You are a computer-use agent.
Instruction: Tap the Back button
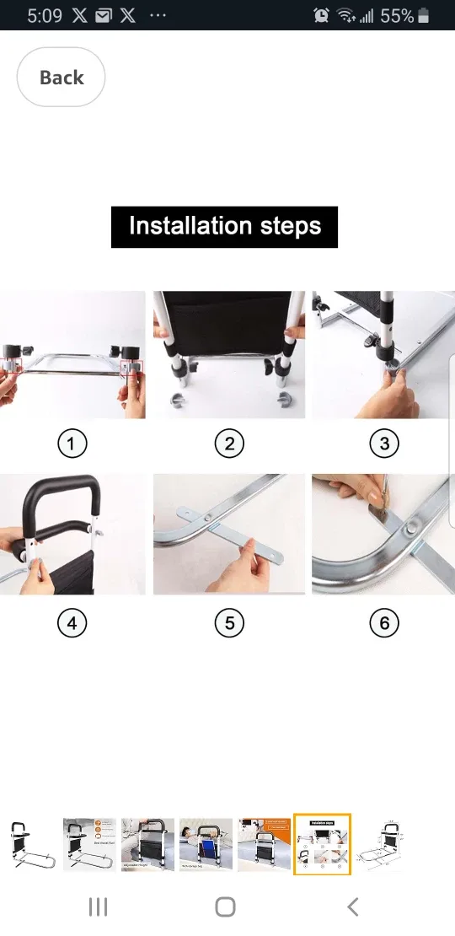click(61, 78)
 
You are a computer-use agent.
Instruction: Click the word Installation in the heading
click(190, 227)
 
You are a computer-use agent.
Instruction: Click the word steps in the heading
click(289, 227)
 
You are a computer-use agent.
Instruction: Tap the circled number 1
click(72, 444)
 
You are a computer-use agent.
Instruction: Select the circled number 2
click(229, 444)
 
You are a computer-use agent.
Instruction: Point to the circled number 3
click(384, 444)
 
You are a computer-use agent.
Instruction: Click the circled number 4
click(72, 624)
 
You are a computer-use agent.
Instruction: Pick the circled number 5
click(229, 624)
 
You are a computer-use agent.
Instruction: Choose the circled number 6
click(384, 624)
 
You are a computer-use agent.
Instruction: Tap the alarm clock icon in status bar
click(321, 15)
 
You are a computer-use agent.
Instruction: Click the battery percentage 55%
click(396, 15)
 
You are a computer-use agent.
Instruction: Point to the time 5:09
click(44, 15)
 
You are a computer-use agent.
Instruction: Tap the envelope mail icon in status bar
click(104, 15)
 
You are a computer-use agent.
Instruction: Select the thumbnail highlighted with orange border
click(322, 844)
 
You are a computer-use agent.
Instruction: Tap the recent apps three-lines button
click(99, 907)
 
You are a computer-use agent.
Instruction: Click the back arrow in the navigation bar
click(353, 907)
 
